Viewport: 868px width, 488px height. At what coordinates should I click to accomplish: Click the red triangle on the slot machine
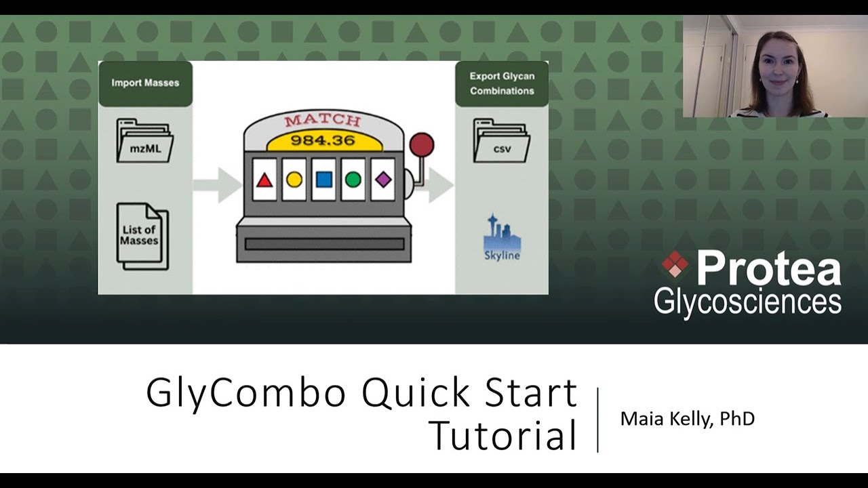[264, 180]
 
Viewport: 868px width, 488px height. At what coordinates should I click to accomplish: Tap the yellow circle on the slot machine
[294, 180]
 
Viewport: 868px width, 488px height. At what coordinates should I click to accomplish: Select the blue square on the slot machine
[324, 180]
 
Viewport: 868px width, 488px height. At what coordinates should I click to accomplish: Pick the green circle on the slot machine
[353, 180]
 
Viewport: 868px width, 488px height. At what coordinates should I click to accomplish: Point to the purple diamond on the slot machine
[383, 180]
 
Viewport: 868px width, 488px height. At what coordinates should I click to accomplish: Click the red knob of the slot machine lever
[422, 145]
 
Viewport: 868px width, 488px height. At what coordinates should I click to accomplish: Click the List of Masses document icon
[141, 236]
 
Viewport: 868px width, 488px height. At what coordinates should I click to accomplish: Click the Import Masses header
[145, 83]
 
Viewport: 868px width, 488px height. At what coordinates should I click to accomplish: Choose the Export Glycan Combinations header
[502, 83]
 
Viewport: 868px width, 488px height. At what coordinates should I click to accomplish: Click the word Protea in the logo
[768, 268]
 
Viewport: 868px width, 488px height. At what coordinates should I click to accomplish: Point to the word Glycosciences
[747, 302]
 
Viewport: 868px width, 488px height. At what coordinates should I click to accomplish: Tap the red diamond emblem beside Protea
[674, 264]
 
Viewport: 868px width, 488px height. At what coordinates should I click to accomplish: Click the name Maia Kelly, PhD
[687, 419]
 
